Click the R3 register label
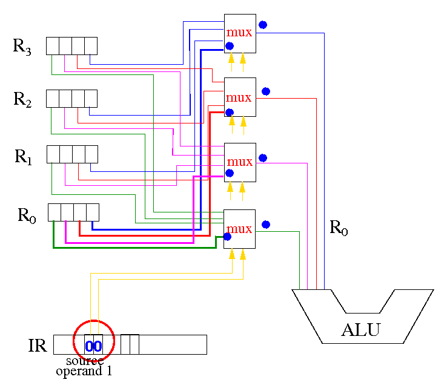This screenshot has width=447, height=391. (22, 47)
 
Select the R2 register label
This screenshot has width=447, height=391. (22, 99)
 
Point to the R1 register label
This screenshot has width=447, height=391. (23, 157)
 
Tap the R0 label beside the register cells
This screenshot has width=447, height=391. (27, 215)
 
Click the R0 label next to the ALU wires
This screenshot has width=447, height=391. (339, 228)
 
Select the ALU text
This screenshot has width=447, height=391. (361, 330)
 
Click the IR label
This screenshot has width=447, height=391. (38, 346)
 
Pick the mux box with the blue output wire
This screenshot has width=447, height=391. (240, 34)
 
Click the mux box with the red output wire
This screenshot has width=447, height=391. (240, 97)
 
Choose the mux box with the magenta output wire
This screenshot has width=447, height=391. (240, 162)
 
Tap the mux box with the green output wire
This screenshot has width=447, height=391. (239, 229)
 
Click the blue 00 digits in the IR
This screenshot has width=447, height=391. (93, 346)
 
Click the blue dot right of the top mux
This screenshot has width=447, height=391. (263, 25)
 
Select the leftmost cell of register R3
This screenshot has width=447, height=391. (53, 46)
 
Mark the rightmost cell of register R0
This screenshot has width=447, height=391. (93, 212)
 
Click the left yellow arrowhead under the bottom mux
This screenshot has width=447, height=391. (232, 254)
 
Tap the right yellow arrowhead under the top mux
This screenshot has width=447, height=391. (243, 58)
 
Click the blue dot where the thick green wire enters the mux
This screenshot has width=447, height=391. (227, 237)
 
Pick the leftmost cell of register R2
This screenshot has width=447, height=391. (53, 99)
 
